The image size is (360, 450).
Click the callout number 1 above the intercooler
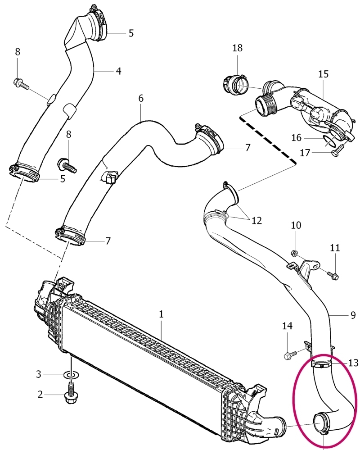coord(161,314)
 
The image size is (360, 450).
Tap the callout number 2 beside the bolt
coord(40,395)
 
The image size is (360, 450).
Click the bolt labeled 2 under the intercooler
coord(71,391)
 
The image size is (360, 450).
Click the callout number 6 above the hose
coord(141,99)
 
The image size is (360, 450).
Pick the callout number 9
coord(353,315)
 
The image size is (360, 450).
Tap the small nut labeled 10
coord(293,253)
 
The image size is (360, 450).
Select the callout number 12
coord(256,220)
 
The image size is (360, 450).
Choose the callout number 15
coord(323,74)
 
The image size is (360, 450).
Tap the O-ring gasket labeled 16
coord(328,141)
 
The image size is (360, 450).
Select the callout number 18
coord(237,48)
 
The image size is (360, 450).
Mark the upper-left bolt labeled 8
coord(21,83)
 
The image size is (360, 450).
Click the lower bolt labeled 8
coord(67,165)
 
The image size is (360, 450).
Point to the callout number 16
coord(297,138)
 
